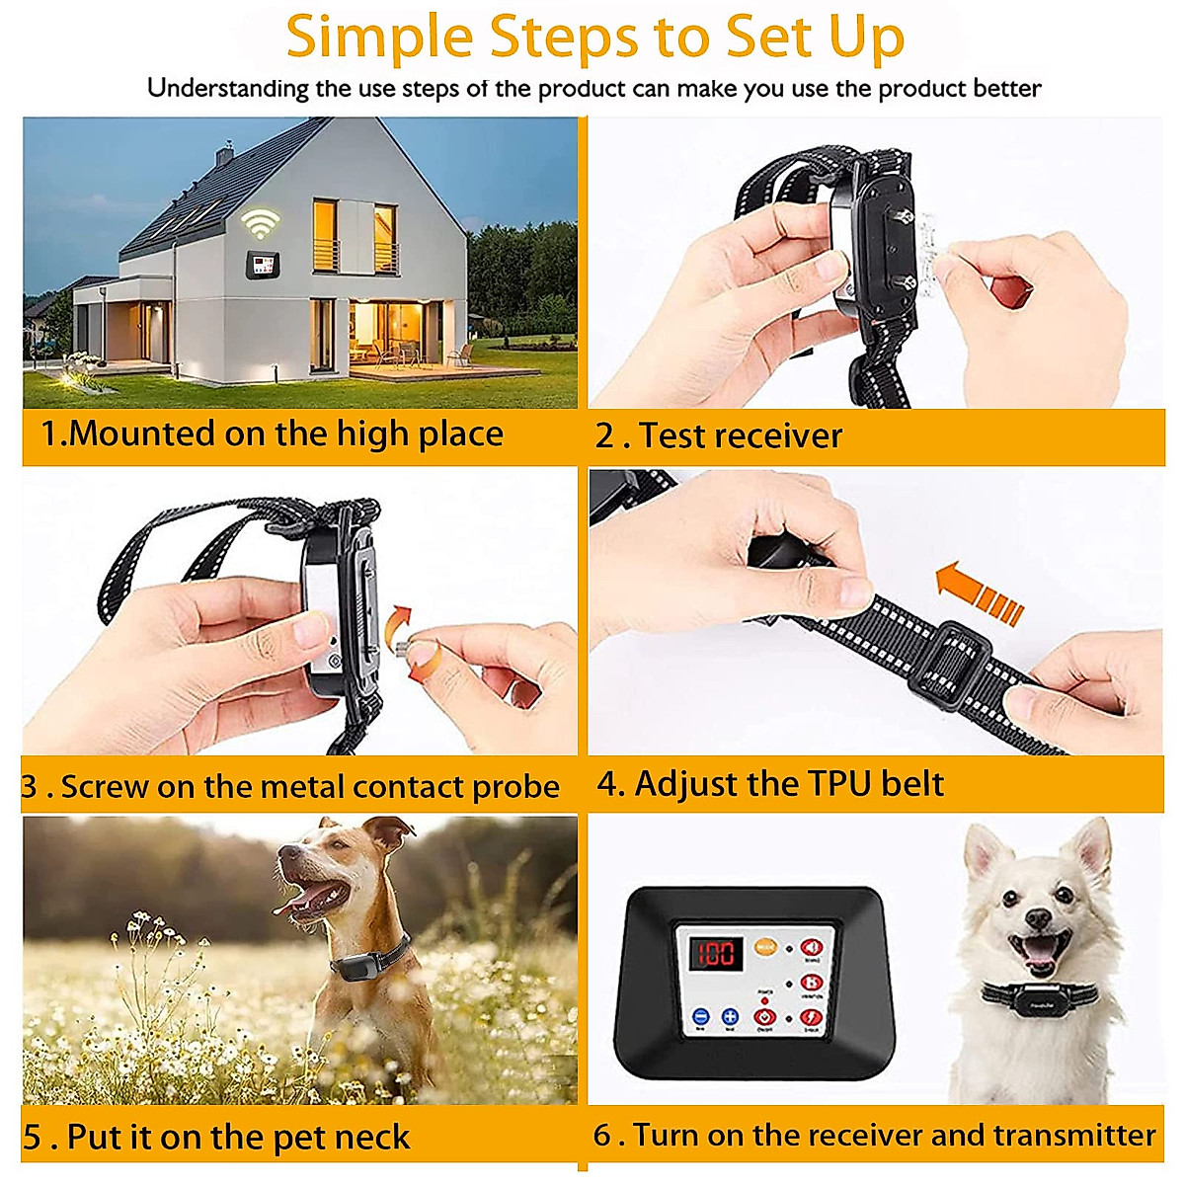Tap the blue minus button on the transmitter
tap(700, 1017)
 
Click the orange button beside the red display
tap(763, 947)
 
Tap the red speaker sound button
tap(811, 949)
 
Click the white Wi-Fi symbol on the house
tap(260, 224)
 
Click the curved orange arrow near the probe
tap(399, 625)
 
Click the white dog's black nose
tap(1037, 919)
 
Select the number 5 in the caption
tap(33, 1138)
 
